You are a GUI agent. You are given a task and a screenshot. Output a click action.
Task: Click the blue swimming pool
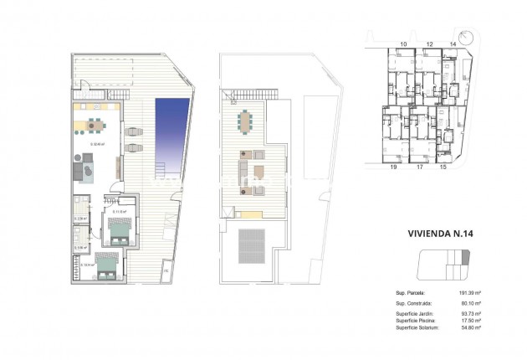171,130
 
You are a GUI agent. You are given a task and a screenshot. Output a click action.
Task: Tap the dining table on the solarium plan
246,121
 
